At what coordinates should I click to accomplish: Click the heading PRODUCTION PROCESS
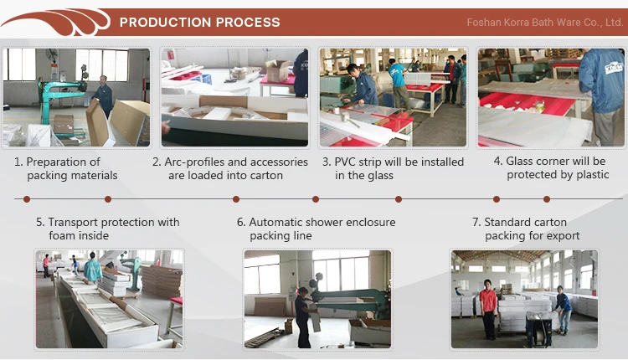(x=199, y=22)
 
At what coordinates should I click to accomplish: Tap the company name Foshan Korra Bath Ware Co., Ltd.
(x=545, y=23)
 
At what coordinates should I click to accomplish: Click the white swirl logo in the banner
(x=56, y=23)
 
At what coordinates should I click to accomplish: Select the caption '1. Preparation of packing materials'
(x=65, y=168)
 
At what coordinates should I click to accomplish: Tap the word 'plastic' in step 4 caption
(x=592, y=175)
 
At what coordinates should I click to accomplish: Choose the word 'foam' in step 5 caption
(x=60, y=235)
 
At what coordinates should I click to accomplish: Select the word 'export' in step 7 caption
(x=563, y=236)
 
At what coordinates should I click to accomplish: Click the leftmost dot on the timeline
(x=27, y=199)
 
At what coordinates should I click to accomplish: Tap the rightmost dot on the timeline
(x=547, y=199)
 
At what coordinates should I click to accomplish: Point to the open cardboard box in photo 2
(x=277, y=70)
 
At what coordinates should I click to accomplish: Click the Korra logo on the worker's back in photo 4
(x=614, y=67)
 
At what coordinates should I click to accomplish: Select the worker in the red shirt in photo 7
(x=488, y=308)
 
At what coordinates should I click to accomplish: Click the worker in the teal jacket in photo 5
(x=93, y=268)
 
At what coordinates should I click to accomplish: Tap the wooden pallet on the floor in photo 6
(x=263, y=336)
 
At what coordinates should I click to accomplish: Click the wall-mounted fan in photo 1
(x=52, y=55)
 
